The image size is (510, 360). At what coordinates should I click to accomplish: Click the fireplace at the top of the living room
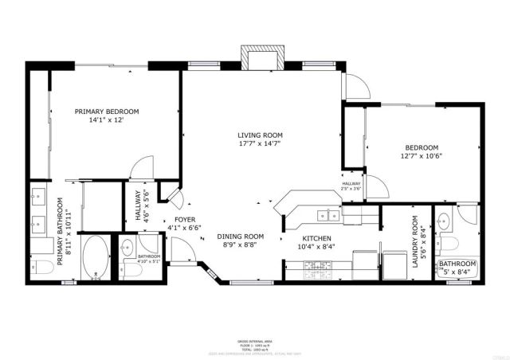tap(261, 61)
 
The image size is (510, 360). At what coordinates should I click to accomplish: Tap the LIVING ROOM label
tap(260, 135)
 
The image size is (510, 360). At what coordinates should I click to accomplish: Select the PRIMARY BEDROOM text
tap(107, 112)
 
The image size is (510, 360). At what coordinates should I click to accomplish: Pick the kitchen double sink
tap(328, 214)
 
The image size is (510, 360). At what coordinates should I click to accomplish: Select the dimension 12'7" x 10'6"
tap(422, 156)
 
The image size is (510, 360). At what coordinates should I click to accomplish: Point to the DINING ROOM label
tap(241, 236)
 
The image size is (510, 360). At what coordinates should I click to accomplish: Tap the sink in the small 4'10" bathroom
tap(128, 248)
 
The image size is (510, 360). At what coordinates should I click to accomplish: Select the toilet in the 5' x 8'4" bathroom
tap(449, 242)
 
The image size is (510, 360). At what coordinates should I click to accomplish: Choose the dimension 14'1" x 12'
tap(107, 120)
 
